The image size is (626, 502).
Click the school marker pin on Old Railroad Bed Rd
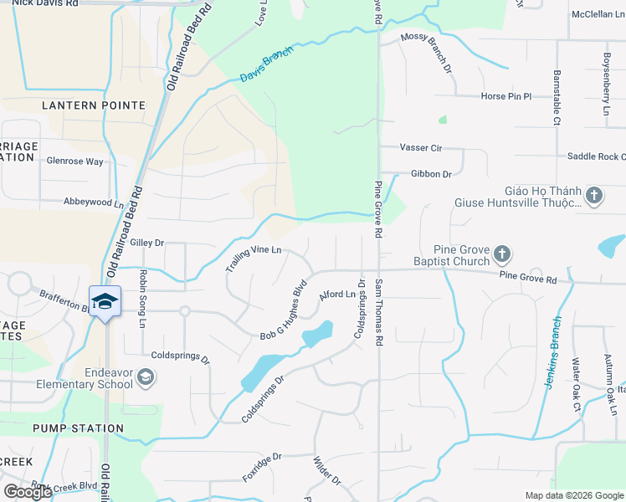coord(105,300)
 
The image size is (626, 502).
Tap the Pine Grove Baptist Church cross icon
coord(502,253)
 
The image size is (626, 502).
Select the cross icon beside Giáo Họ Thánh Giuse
coord(594,196)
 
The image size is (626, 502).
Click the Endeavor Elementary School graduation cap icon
coord(146,378)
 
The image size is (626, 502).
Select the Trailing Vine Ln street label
coord(253,259)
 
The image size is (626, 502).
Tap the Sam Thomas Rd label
coord(379,311)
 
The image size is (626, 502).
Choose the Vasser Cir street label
coord(420,147)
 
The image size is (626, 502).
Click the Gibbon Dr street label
coord(431,174)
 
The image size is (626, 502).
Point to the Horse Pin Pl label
coord(505,96)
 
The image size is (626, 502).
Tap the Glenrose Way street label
coord(74,161)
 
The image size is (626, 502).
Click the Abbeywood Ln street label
coord(93,202)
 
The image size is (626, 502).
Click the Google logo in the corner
coord(28,492)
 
